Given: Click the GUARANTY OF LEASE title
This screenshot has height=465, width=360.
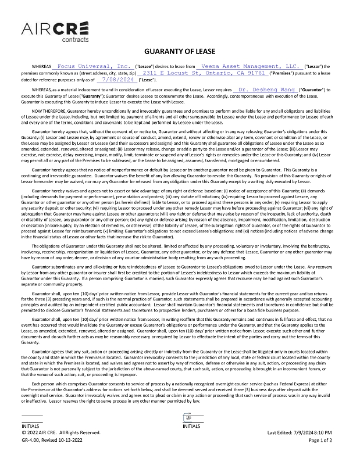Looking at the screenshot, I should point(180,51).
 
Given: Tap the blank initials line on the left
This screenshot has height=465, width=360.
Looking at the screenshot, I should point(32,420).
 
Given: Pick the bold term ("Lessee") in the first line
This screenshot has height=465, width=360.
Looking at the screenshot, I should point(145,67).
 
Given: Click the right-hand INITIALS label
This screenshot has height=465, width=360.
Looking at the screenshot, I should point(192,425).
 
